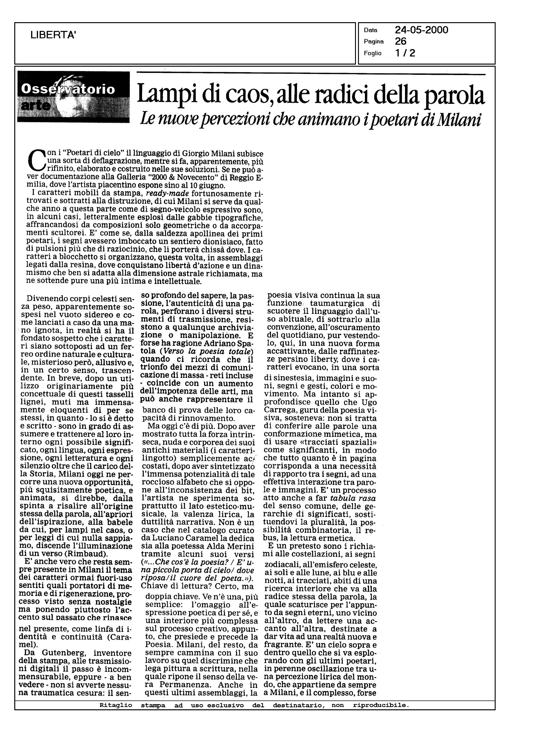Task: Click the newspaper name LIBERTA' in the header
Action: point(53,35)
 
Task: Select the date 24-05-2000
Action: point(421,30)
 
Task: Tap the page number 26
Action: point(401,41)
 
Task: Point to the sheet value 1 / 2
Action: point(405,53)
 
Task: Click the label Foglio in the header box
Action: point(372,53)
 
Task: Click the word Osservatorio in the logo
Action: point(68,89)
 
